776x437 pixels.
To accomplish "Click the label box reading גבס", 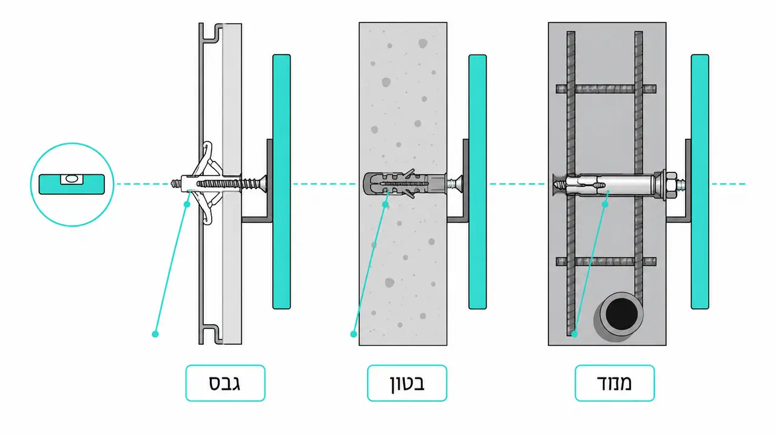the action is (x=225, y=383).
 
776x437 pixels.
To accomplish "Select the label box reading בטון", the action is (x=407, y=383).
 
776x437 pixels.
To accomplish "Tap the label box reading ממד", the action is (x=615, y=383).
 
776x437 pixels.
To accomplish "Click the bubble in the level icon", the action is (x=72, y=179).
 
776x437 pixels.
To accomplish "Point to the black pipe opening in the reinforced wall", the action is (x=621, y=314).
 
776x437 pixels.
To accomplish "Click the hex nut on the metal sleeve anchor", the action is (x=670, y=185).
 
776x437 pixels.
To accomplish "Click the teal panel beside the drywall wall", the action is (x=282, y=181).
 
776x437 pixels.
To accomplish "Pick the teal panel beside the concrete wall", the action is (x=477, y=181).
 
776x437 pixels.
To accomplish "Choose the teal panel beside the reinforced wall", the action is (x=700, y=181).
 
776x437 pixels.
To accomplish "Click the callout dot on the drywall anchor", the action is (x=187, y=205).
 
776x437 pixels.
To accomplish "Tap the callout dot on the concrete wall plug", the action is (x=385, y=205).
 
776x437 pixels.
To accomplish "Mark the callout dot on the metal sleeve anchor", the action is (x=606, y=205).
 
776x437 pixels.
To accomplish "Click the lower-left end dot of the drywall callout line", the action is (x=155, y=334).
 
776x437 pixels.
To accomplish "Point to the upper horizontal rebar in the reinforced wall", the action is (x=606, y=89).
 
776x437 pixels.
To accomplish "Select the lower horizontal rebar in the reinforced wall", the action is (x=606, y=262).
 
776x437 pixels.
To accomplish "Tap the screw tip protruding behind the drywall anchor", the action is (x=175, y=183).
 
